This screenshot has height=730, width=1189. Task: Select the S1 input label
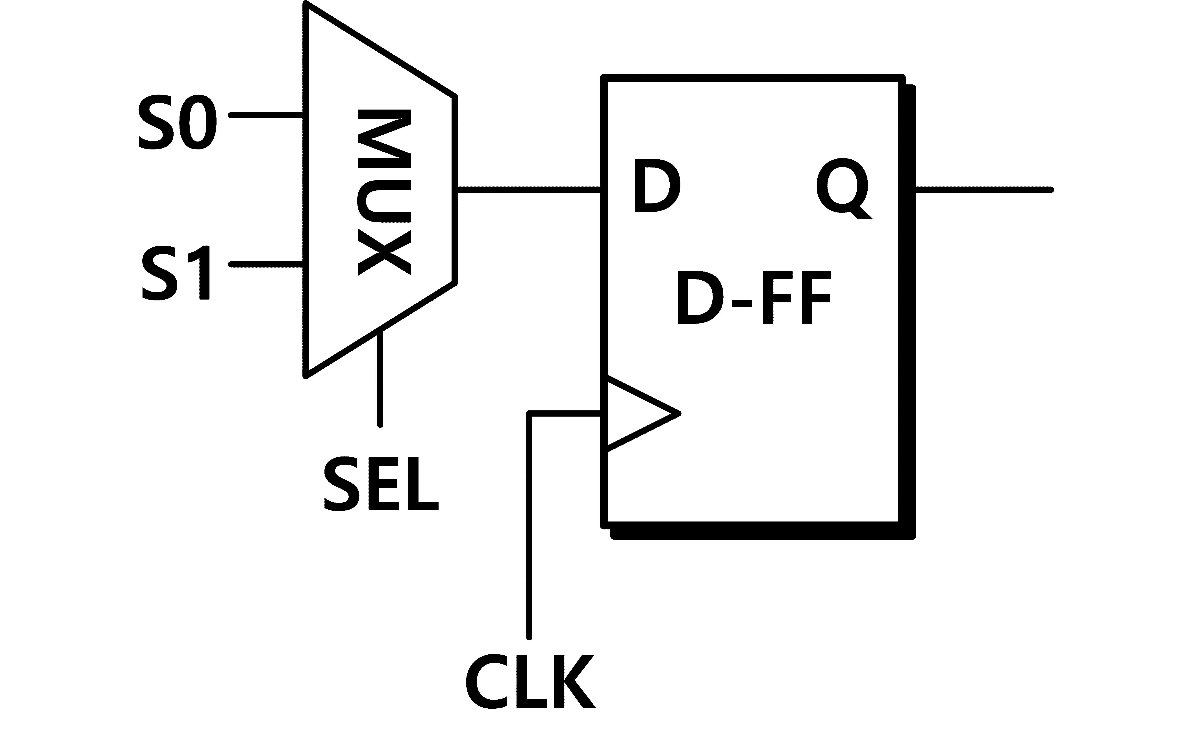coord(176,273)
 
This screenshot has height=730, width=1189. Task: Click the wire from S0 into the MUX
coord(267,115)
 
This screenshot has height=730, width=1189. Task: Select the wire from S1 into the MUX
coord(267,264)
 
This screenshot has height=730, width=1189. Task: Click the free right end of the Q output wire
coord(1052,190)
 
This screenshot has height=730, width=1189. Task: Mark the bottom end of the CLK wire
coord(529,637)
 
